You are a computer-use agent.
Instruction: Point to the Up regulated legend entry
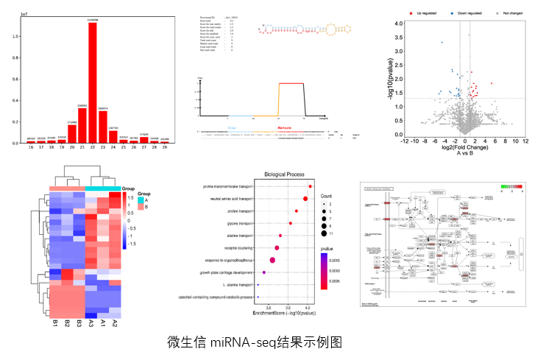click(x=429, y=13)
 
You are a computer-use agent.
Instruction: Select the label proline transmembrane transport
click(x=228, y=187)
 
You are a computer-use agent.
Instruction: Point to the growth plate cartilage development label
click(x=227, y=273)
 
